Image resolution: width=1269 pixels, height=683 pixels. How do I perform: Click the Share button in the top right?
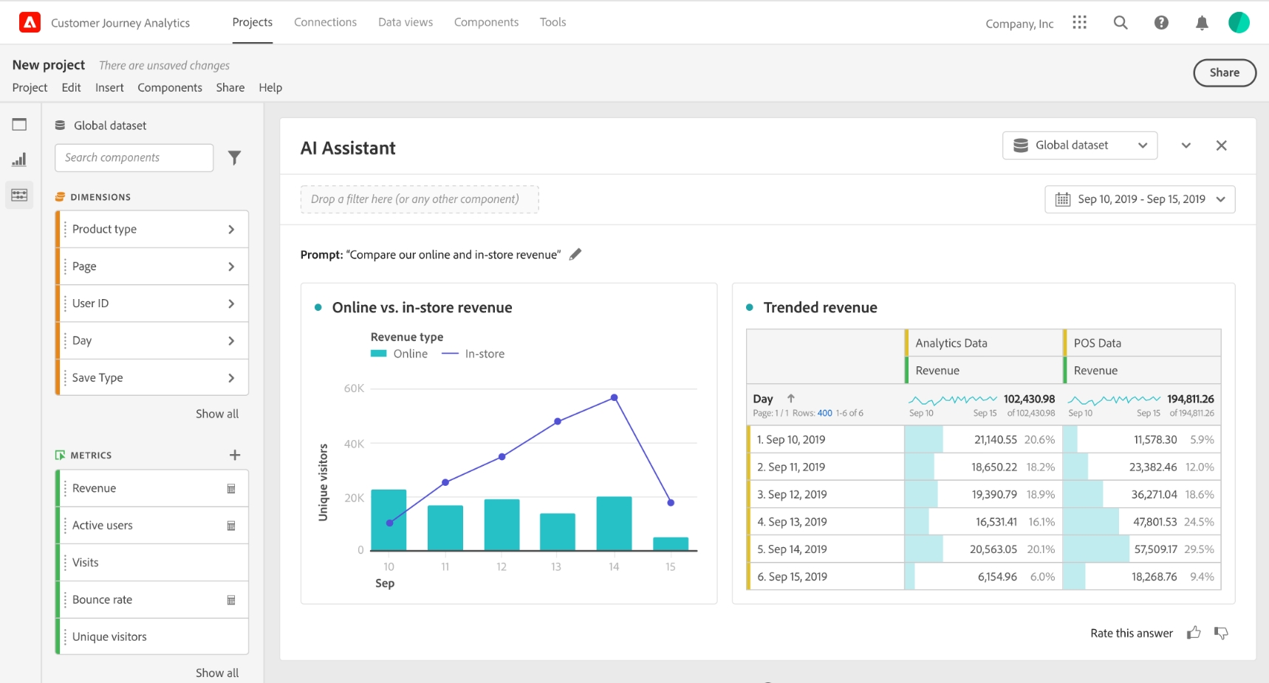1224,72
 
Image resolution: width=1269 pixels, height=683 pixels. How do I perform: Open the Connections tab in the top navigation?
325,22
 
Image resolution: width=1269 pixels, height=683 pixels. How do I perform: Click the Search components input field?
134,157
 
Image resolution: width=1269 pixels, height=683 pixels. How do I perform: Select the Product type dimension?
152,229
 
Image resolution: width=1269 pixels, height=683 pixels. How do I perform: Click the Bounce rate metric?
152,600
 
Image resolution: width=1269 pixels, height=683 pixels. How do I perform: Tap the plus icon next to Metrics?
235,455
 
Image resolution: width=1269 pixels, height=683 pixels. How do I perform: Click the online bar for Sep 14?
614,524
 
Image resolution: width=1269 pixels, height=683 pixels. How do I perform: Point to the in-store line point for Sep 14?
614,398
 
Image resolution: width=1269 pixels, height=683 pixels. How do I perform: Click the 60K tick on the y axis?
354,388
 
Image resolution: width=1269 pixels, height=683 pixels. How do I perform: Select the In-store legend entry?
473,354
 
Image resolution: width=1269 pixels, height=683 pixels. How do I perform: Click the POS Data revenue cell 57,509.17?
1155,549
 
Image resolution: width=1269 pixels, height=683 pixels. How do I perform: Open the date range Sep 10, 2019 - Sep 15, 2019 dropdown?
1140,199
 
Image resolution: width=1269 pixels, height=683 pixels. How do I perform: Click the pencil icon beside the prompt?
575,254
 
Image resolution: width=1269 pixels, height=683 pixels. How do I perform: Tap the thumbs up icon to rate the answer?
1194,633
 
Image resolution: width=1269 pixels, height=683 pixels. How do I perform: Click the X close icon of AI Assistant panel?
1222,145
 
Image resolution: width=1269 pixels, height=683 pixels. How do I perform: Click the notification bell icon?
1202,23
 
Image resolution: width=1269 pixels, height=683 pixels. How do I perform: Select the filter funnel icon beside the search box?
234,157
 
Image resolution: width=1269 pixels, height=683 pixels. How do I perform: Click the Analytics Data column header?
951,343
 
